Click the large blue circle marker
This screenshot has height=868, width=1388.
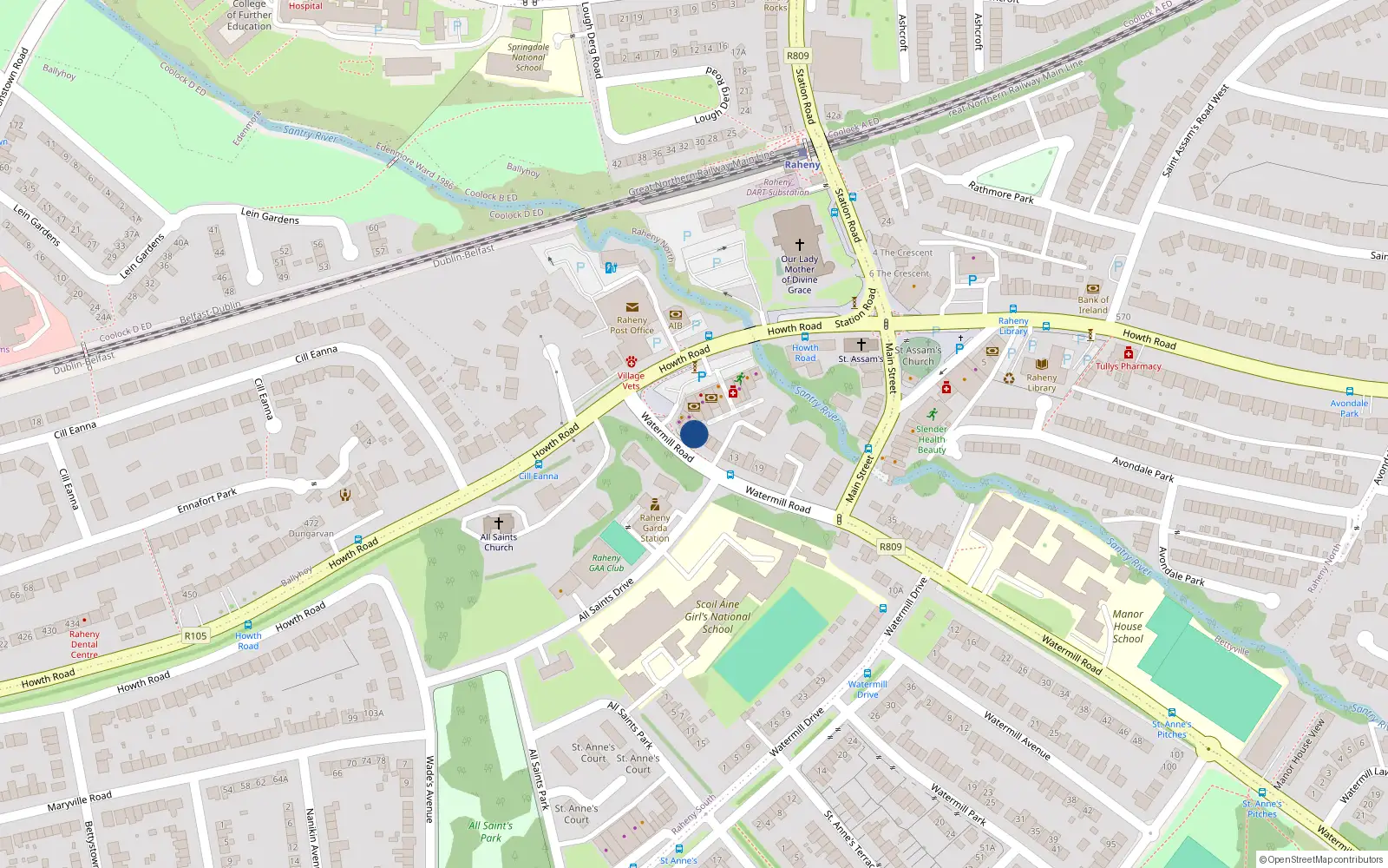pos(694,434)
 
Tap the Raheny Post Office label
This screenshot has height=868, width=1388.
pos(632,325)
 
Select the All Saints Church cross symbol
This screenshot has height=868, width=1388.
pos(499,523)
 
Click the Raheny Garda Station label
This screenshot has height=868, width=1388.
pos(655,528)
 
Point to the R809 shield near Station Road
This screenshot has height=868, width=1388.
pos(797,56)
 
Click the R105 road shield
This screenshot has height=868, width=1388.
pos(195,636)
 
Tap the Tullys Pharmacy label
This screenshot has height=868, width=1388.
pos(1128,366)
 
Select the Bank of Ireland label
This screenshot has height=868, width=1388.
pos(1093,305)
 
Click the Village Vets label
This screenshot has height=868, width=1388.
pos(631,381)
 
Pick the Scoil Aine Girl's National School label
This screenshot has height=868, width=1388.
pos(717,616)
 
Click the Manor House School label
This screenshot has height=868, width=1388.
pos(1128,626)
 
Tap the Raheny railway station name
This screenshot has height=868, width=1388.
pos(802,164)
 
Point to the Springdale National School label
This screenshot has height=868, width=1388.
pos(528,57)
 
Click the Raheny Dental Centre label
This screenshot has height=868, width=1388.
pos(84,644)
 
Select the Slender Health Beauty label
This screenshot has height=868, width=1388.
pos(932,439)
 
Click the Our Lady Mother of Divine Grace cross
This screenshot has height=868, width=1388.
pos(799,245)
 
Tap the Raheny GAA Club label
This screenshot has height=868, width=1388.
pos(606,563)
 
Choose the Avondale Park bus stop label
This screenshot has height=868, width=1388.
pos(1349,408)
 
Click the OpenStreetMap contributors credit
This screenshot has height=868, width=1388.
pos(1326,859)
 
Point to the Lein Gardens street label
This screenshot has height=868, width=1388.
pos(269,216)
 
